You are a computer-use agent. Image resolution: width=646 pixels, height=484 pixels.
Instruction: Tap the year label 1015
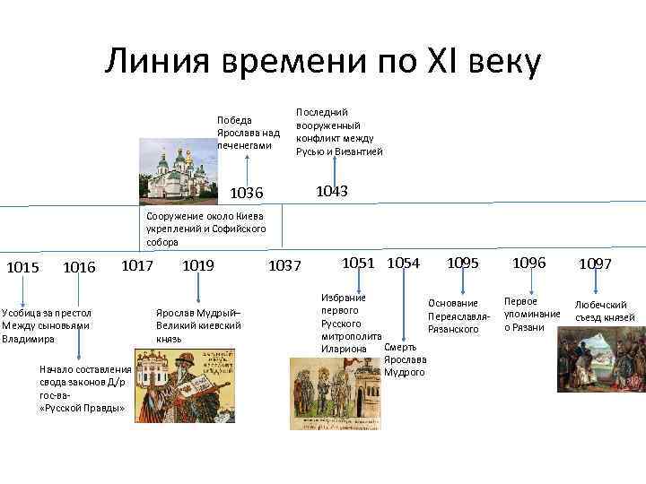22,267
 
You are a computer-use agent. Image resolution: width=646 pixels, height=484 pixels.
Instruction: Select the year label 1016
80,267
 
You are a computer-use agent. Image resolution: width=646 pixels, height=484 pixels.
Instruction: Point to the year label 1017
136,265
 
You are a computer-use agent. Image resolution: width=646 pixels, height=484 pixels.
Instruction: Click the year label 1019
197,265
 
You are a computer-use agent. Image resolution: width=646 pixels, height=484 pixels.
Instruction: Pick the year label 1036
247,193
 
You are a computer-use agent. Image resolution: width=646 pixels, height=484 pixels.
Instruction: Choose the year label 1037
285,266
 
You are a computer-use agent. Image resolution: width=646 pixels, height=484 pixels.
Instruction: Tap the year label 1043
332,191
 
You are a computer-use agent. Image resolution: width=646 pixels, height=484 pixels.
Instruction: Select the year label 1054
404,263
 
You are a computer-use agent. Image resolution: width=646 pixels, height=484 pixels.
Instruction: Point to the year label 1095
463,263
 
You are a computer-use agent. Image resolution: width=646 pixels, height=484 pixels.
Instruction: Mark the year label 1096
528,263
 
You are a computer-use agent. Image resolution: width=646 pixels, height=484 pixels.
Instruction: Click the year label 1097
595,264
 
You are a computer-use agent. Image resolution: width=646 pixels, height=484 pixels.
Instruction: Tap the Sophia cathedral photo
177,173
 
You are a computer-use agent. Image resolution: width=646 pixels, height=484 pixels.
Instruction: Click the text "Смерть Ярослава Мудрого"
404,359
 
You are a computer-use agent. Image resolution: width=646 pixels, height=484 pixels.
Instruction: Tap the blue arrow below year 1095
462,285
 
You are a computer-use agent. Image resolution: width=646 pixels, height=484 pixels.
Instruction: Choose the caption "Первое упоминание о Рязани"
532,315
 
